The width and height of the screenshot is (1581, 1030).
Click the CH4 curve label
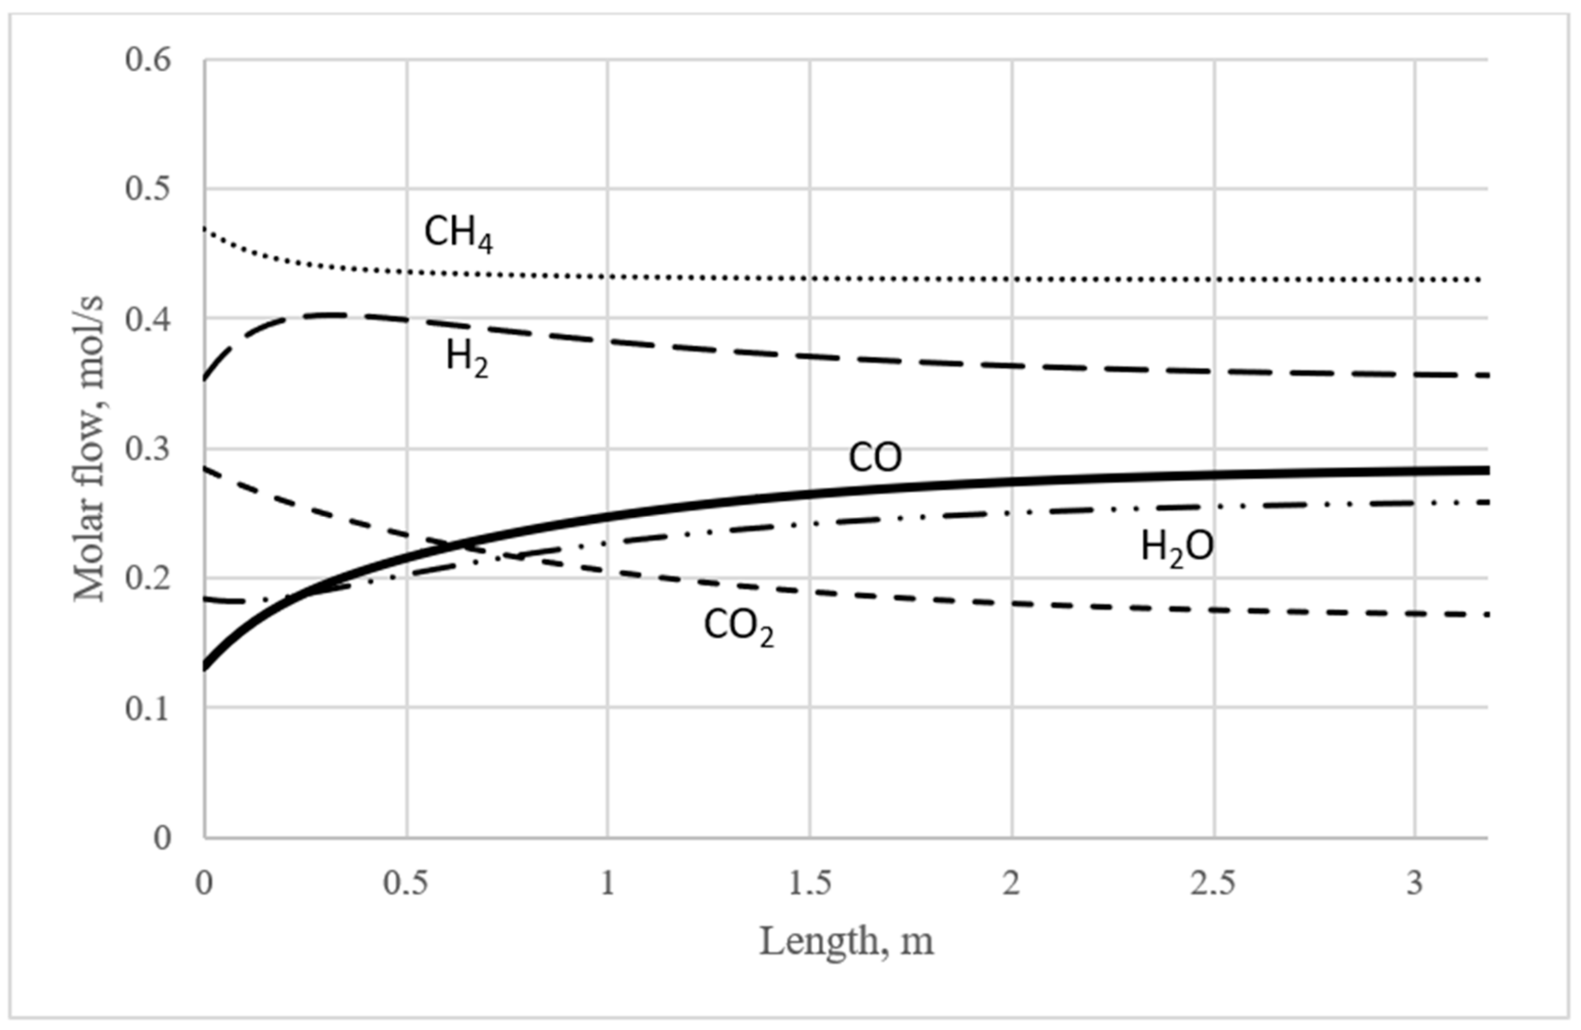(x=459, y=235)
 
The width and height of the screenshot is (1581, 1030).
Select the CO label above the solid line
(x=875, y=458)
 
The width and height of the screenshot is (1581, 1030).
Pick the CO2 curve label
(x=739, y=626)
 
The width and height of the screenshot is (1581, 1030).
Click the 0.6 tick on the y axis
(x=148, y=60)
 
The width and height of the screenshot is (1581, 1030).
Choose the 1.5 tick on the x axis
(x=810, y=884)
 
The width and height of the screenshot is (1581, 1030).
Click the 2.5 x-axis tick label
(x=1213, y=884)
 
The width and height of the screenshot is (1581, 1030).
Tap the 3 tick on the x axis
(x=1415, y=884)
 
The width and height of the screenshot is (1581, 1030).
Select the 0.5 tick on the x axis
(x=406, y=884)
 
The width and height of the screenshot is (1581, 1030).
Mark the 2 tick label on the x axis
(x=1011, y=884)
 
